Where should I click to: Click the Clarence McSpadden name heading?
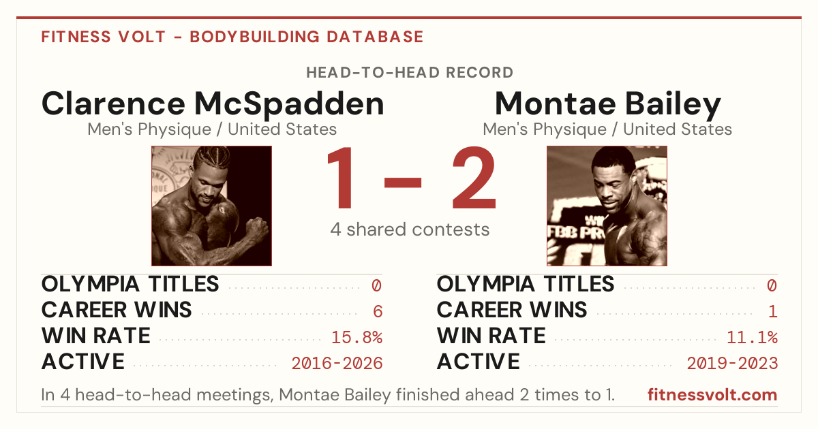tap(213, 104)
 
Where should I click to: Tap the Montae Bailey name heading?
tap(607, 105)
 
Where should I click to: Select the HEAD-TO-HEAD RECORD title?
tap(410, 73)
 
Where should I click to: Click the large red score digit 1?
tap(340, 177)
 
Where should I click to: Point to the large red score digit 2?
tap(474, 177)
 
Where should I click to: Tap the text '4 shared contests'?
tap(410, 229)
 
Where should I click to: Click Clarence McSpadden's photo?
tap(212, 206)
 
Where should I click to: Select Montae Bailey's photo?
tap(607, 206)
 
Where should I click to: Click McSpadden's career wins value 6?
tap(378, 312)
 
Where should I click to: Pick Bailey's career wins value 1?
tap(773, 312)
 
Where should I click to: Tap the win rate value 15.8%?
tap(357, 338)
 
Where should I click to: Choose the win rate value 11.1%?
tap(753, 338)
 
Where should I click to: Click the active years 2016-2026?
tap(337, 364)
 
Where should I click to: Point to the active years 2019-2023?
tap(733, 364)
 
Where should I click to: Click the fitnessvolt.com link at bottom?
tap(712, 395)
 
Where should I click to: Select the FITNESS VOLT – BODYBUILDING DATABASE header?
tap(232, 37)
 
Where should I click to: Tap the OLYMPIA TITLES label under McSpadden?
tap(130, 284)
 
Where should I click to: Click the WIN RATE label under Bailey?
tap(491, 336)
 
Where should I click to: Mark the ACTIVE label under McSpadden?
tap(83, 362)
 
